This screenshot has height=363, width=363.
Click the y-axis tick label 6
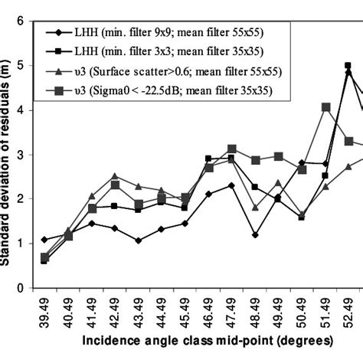[x=21, y=21]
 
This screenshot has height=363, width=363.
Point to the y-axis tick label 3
[x=21, y=155]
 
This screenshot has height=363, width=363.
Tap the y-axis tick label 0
[x=21, y=288]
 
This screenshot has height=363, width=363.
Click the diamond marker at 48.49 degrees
[x=255, y=235]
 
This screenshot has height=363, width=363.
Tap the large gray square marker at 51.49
[x=325, y=107]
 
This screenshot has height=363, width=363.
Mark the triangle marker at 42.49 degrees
[x=115, y=176]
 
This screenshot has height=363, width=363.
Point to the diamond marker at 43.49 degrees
[x=138, y=240]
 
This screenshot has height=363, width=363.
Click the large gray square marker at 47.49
[x=232, y=149]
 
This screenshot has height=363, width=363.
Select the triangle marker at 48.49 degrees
[x=255, y=208]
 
